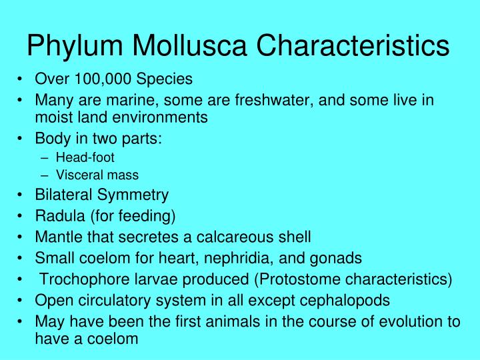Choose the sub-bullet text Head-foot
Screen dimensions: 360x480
click(x=85, y=157)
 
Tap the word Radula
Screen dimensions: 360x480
click(x=57, y=215)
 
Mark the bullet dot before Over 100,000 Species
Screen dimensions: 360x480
click(x=22, y=79)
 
